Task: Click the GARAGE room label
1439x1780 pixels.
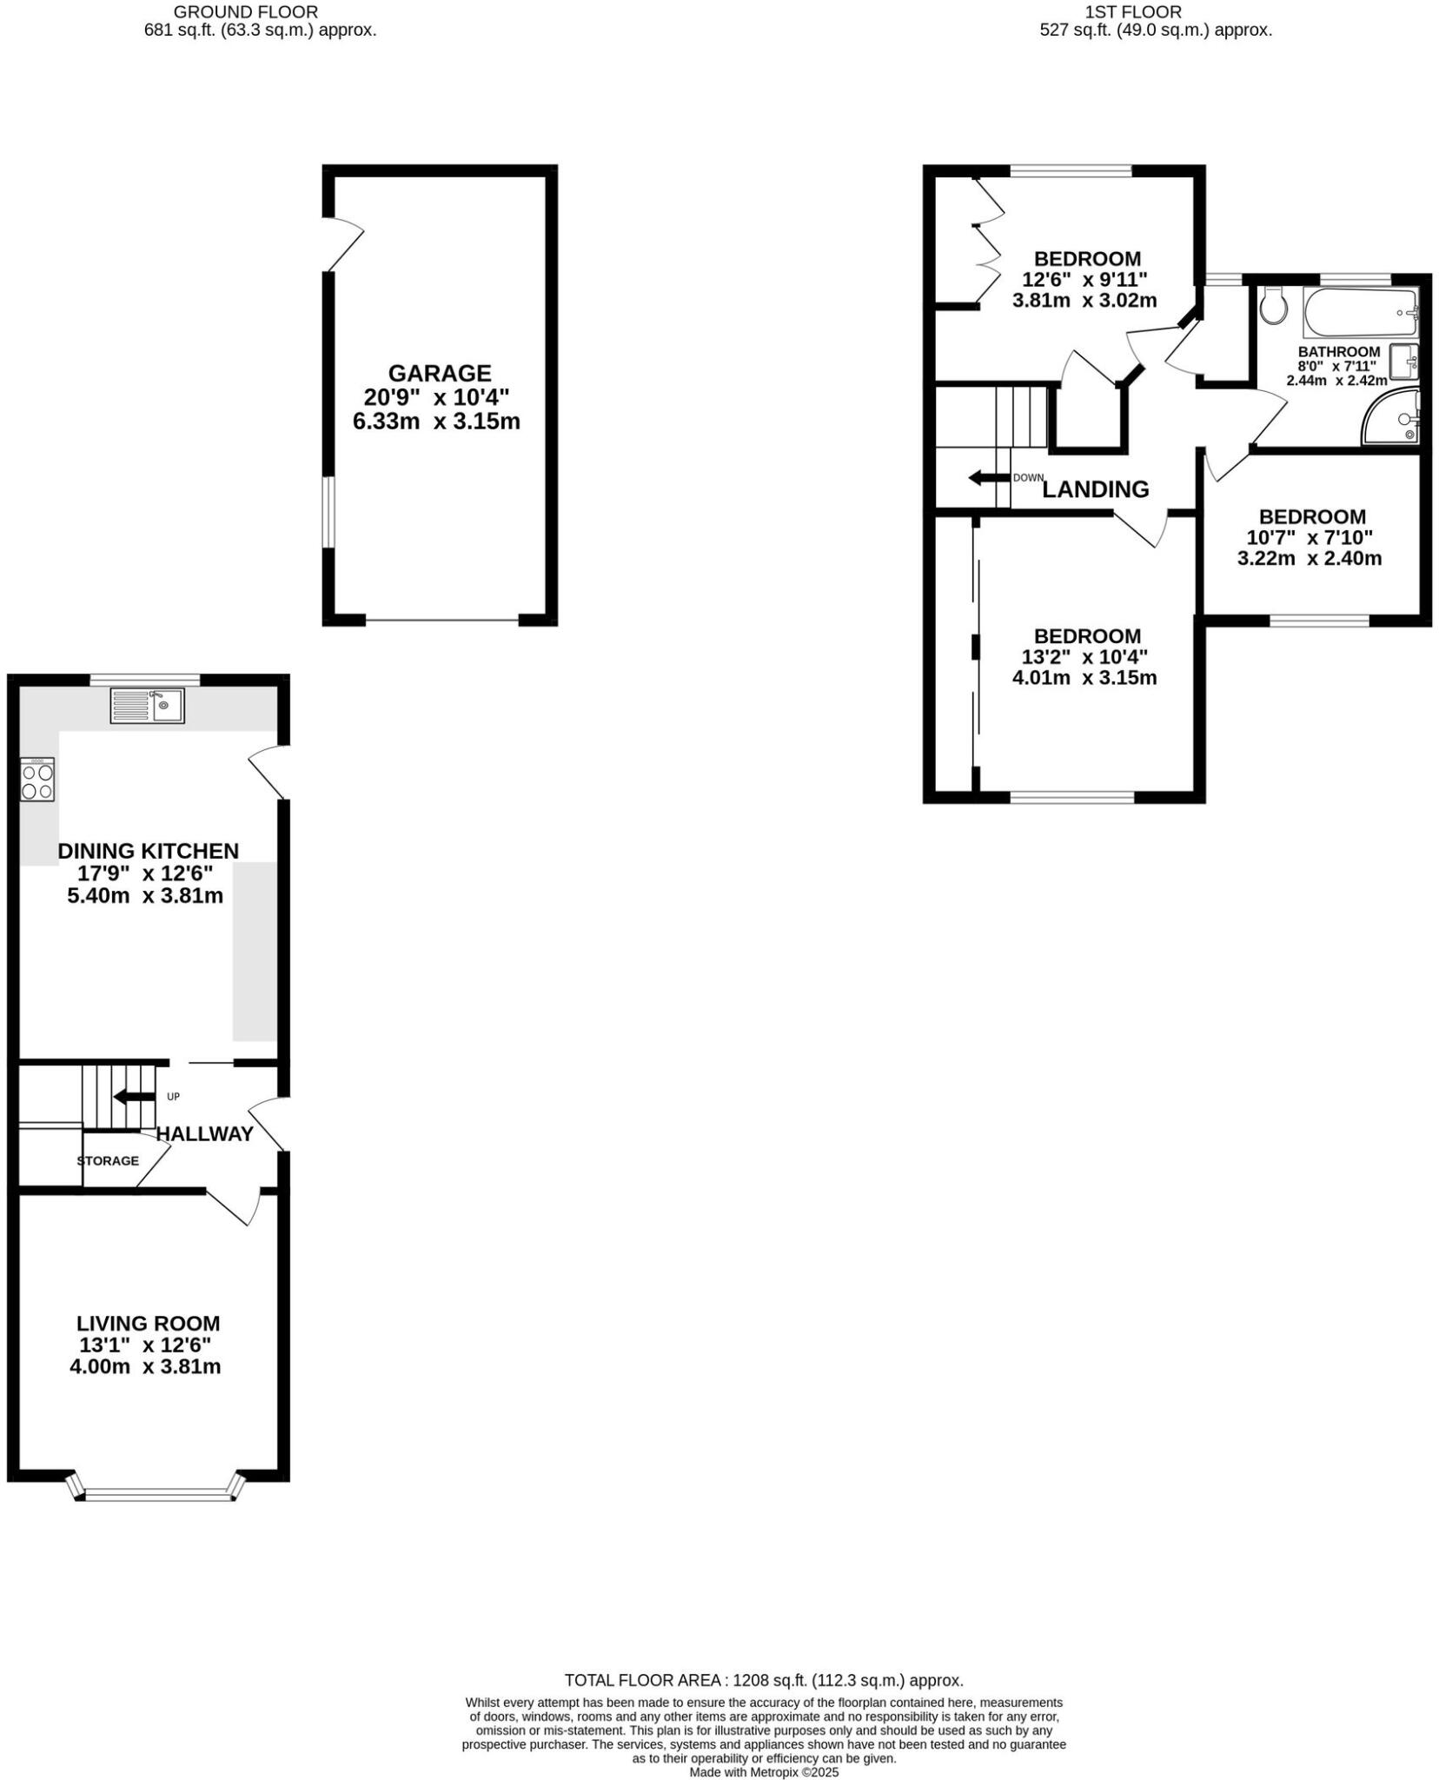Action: point(439,373)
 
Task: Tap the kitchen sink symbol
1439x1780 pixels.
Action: point(147,705)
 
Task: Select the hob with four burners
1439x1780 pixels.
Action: point(37,779)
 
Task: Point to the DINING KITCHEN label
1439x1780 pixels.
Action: point(148,851)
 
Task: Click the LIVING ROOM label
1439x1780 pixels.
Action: point(148,1323)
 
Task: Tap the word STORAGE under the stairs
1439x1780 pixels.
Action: point(108,1160)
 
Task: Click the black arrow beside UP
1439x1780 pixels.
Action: point(134,1096)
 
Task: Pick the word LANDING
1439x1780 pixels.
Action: point(1095,489)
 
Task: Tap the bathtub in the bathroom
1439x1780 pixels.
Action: point(1359,313)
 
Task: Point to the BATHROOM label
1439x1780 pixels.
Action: point(1338,352)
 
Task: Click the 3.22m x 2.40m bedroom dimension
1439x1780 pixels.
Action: point(1309,558)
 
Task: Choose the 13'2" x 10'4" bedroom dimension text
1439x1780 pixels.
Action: point(1084,656)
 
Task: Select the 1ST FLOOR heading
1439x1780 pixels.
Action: point(1133,12)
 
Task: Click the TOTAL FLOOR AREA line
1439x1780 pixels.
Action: point(764,1680)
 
